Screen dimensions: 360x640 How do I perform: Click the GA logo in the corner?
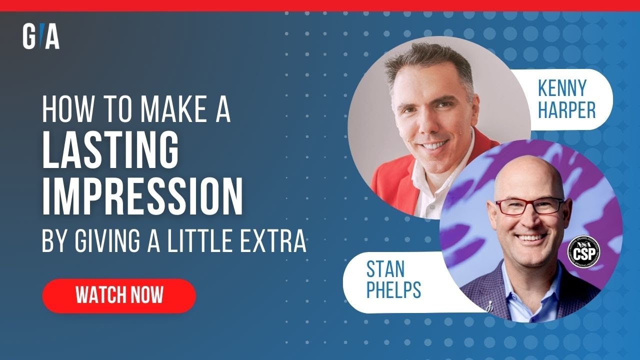[41, 36]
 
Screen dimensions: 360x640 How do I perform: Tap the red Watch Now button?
[119, 295]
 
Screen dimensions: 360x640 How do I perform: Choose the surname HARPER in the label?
[566, 110]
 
